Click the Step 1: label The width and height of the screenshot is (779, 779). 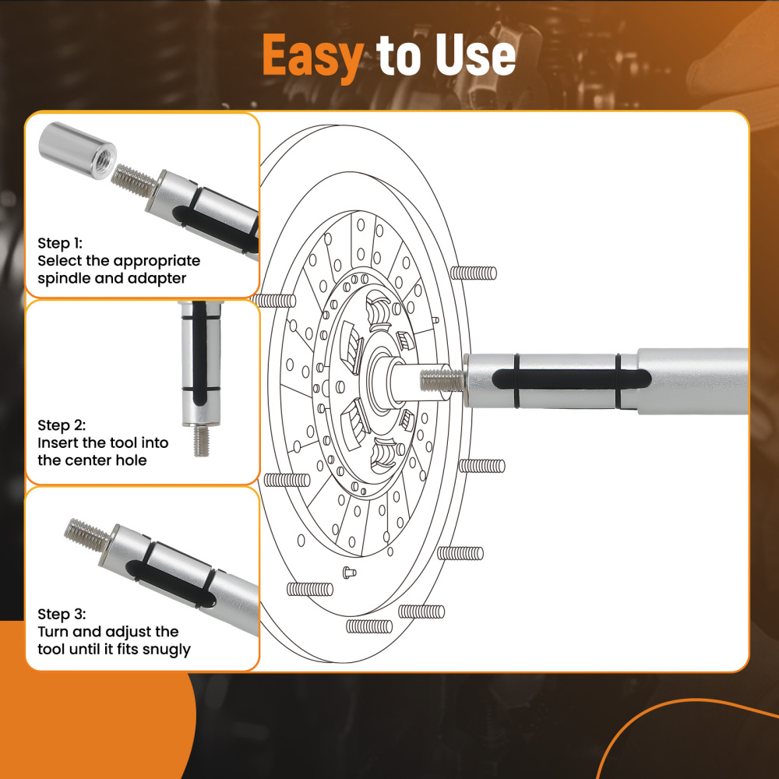click(x=60, y=244)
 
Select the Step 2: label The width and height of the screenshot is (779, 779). click(x=62, y=425)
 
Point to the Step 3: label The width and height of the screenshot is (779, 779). click(x=62, y=614)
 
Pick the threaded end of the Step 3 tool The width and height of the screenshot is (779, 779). click(x=87, y=534)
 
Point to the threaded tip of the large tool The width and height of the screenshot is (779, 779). click(x=441, y=380)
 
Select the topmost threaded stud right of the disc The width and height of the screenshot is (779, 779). click(x=474, y=273)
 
